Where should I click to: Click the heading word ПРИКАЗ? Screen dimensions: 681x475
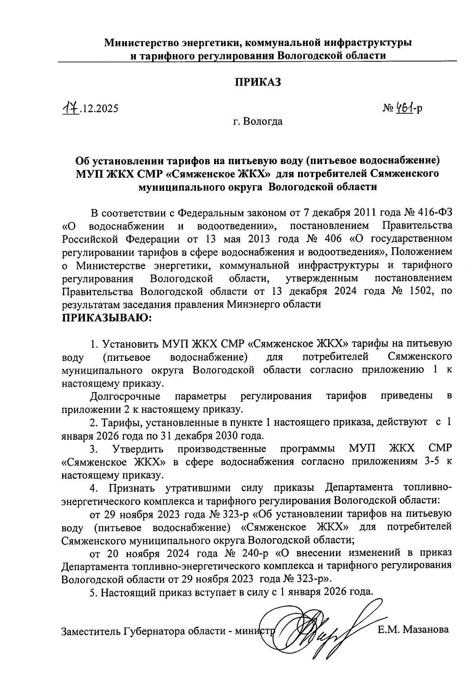point(258,82)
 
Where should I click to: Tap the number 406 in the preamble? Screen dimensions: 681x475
point(332,239)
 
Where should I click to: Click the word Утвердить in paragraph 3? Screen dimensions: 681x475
point(138,449)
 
